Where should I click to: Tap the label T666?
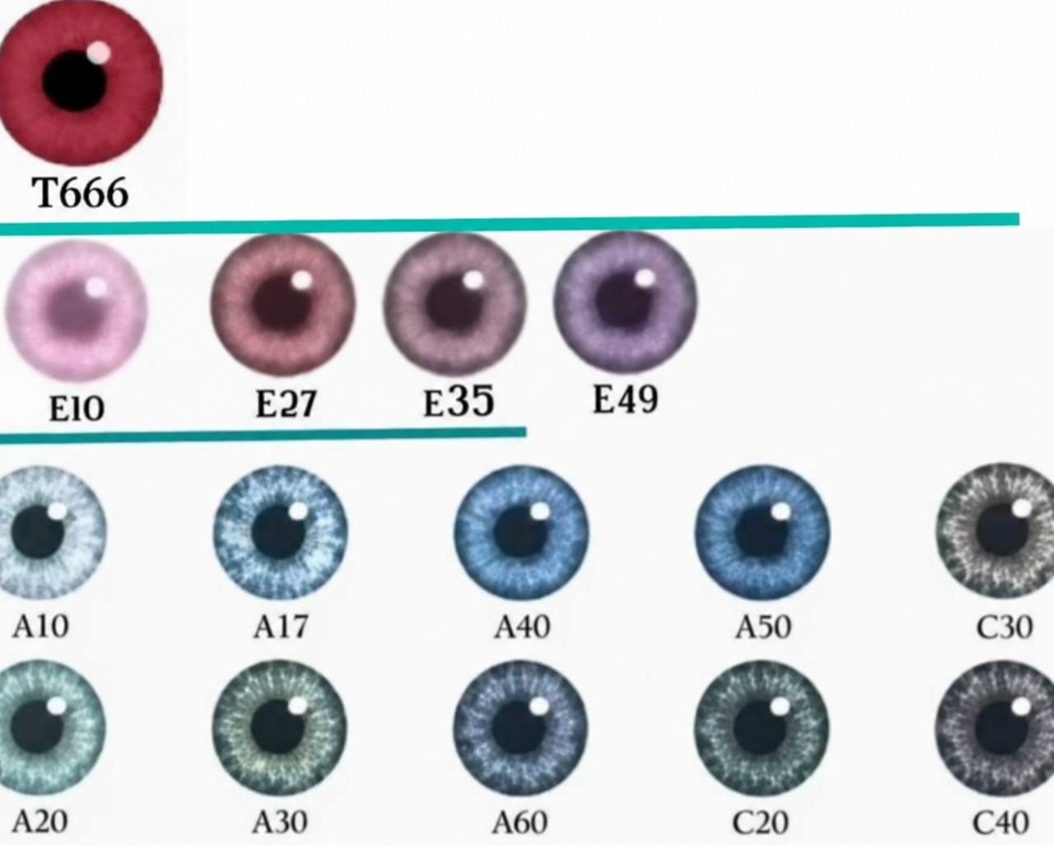click(x=81, y=193)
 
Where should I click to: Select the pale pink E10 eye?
click(x=76, y=310)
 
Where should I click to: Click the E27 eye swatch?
click(x=283, y=304)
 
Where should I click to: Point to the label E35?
click(x=459, y=401)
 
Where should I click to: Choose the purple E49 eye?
click(x=626, y=301)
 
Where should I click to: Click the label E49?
click(x=626, y=399)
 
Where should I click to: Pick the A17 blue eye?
click(x=281, y=533)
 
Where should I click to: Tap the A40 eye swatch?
click(x=521, y=533)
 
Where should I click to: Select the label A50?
click(x=763, y=627)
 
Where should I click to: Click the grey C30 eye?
click(x=996, y=530)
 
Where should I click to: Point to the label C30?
click(x=1004, y=627)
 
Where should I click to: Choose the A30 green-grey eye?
click(x=279, y=728)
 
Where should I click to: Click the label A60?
click(x=520, y=823)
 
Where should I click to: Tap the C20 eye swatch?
click(x=762, y=728)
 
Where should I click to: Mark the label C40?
click(x=1000, y=823)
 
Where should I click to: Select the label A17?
click(x=281, y=627)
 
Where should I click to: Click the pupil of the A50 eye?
click(x=761, y=534)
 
